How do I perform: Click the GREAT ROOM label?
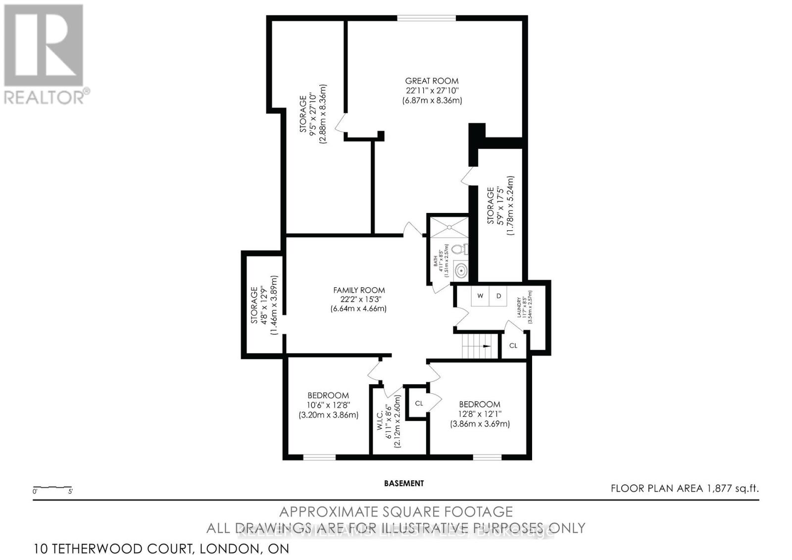432,81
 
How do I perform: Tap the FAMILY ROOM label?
358,290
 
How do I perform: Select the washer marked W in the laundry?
480,296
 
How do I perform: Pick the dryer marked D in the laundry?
498,296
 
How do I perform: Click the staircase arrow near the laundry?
487,347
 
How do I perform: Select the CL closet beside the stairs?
513,345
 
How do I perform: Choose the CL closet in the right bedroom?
419,403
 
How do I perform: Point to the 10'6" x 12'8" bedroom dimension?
328,405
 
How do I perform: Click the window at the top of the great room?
426,19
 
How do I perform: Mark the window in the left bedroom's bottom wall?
319,457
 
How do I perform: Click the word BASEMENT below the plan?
404,483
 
